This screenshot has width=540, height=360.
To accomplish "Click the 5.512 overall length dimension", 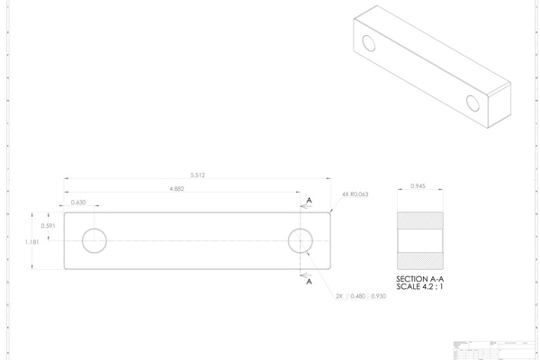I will click(197, 175).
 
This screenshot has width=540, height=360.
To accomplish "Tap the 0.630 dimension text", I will click(78, 202).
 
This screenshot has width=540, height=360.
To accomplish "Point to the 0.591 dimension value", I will click(50, 226).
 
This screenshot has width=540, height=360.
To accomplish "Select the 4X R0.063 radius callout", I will click(355, 193).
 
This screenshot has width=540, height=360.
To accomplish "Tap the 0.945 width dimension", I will click(418, 185).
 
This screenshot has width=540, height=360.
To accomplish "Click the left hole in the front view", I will click(94, 240).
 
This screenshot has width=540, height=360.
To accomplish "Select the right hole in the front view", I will click(301, 240).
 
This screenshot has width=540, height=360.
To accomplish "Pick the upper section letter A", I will click(309, 200).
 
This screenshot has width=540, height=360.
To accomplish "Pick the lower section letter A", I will click(309, 282).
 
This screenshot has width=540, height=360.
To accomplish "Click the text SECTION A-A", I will click(420, 279).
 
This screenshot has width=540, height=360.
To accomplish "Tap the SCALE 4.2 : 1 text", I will click(420, 287).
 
